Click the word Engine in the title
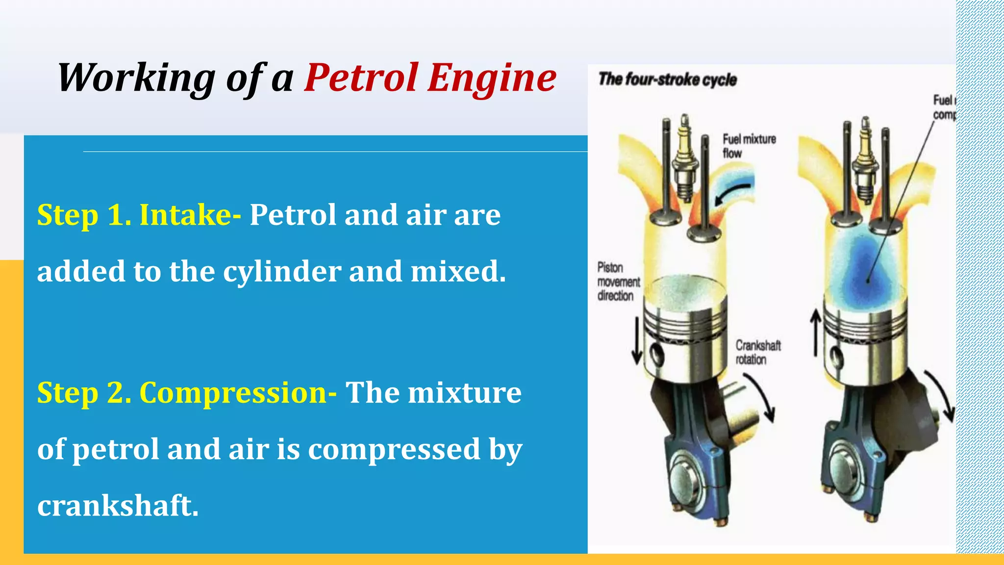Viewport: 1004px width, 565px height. point(492,78)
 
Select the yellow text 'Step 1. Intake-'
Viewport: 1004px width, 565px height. point(139,215)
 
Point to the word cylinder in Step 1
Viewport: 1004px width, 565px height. point(282,271)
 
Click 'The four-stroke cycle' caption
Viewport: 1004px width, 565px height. point(667,79)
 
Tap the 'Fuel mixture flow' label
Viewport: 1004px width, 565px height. point(749,146)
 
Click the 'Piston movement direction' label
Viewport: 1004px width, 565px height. point(618,282)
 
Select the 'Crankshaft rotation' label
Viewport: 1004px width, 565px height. point(757,352)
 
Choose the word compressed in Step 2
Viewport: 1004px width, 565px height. point(394,449)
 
